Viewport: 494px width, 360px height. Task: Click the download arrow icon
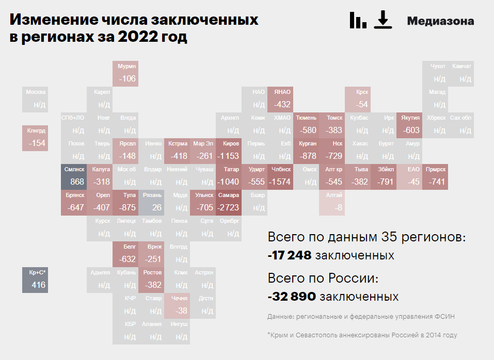click(x=383, y=20)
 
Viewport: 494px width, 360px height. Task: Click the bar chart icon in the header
click(x=357, y=20)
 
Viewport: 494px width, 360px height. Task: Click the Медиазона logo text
click(x=440, y=21)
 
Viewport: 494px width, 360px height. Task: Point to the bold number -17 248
click(x=289, y=255)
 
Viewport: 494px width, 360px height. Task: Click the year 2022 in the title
click(x=136, y=38)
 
